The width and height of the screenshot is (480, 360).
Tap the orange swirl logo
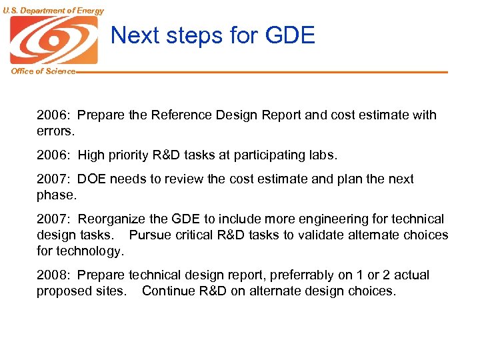(53, 40)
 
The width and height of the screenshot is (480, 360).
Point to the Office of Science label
(43, 71)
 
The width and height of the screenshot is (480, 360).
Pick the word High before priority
(91, 155)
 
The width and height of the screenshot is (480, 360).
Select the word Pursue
(150, 235)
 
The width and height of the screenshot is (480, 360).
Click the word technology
(90, 251)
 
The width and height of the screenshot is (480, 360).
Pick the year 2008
(52, 275)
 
